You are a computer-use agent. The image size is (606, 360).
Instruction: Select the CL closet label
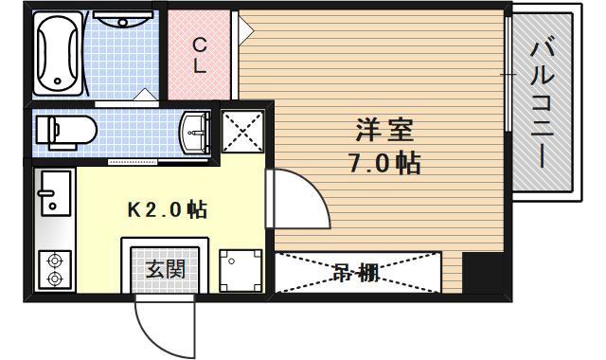(201, 55)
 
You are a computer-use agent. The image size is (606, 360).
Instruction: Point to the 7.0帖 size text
(383, 162)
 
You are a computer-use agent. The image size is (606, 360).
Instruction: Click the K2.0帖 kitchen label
(168, 208)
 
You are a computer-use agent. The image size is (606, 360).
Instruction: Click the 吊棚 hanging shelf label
(356, 273)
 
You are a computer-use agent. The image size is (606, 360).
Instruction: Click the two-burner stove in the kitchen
(53, 268)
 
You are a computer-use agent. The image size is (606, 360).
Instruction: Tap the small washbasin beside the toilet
(197, 130)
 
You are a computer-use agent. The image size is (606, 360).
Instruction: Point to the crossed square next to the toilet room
(241, 130)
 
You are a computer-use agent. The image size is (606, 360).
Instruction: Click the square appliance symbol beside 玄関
(237, 269)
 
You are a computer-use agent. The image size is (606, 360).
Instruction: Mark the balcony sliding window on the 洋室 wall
(508, 73)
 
